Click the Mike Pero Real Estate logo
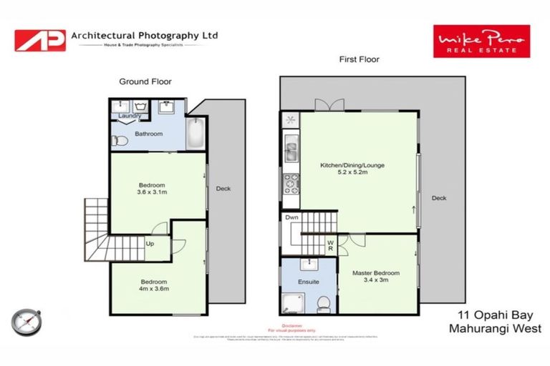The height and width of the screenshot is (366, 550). [481, 41]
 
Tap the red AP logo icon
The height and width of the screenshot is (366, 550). [40, 40]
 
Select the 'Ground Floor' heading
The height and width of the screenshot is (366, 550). [145, 81]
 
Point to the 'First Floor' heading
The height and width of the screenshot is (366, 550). [359, 59]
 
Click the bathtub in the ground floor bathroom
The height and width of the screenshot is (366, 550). [196, 134]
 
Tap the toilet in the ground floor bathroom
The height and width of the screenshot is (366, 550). [120, 142]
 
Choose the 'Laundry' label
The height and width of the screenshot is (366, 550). [130, 116]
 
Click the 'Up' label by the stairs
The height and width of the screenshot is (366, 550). [150, 244]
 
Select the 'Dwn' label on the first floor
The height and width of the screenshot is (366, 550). [291, 217]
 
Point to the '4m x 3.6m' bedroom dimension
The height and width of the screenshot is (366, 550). [154, 286]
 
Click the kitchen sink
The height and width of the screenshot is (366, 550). [291, 152]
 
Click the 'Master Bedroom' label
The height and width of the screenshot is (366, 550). [376, 273]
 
